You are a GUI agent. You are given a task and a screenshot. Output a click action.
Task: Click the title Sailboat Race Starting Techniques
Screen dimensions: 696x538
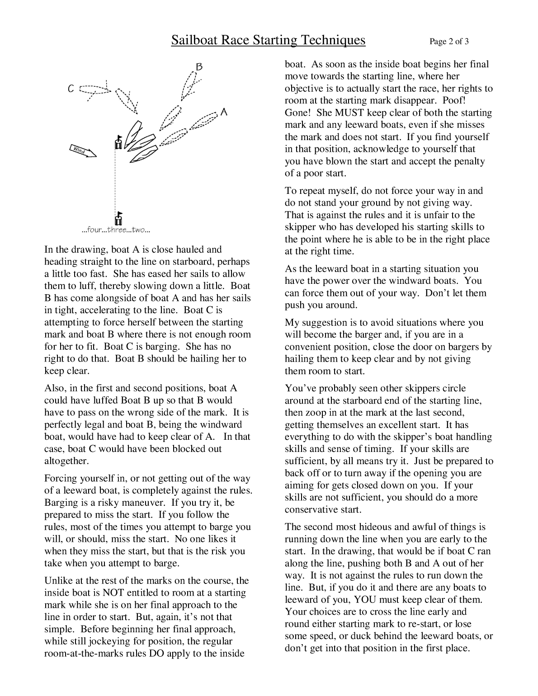click(x=268, y=41)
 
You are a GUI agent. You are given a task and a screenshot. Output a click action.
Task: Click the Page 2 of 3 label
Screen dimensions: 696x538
click(x=448, y=42)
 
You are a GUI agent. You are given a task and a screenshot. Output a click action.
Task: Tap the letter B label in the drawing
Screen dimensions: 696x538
click(x=199, y=66)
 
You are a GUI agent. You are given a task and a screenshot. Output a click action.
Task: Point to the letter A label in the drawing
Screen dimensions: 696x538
click(x=223, y=113)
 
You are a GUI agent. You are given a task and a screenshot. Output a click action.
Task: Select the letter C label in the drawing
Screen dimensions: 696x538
click(x=71, y=89)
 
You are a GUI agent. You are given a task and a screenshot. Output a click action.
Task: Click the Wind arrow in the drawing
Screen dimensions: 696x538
click(x=83, y=151)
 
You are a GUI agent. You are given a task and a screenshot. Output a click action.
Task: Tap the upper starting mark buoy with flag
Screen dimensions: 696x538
click(x=118, y=142)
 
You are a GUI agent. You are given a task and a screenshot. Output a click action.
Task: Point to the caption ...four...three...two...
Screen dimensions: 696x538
click(x=116, y=230)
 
